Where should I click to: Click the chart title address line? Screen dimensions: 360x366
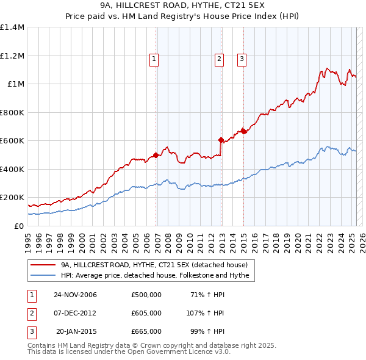point(182,7)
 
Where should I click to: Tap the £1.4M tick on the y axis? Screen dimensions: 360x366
point(12,27)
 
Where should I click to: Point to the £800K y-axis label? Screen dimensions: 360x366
point(12,112)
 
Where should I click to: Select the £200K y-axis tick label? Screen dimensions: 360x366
point(12,198)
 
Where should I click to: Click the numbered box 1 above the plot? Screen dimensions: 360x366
point(153,59)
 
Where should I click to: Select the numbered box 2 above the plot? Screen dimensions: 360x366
point(218,59)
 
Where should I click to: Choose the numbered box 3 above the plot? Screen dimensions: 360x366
point(242,59)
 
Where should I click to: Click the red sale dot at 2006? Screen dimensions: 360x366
point(156,155)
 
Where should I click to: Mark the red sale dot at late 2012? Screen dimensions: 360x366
point(221,140)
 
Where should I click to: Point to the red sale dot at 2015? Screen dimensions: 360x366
point(244,131)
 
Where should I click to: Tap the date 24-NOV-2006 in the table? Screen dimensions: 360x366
point(75,295)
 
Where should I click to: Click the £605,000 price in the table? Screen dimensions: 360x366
point(146,313)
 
